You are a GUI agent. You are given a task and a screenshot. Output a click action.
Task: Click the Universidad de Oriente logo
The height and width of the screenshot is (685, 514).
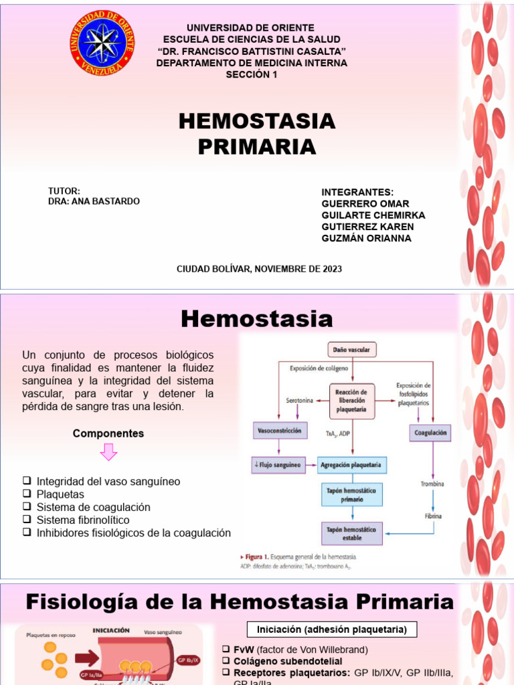coord(102,43)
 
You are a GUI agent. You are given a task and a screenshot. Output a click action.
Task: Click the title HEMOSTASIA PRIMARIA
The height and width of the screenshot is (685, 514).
coord(257,134)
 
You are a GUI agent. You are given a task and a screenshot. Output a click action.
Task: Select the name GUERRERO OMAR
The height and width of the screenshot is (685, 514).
coord(365,203)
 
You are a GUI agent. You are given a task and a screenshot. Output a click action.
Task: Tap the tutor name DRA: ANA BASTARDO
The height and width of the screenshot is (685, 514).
coord(94,201)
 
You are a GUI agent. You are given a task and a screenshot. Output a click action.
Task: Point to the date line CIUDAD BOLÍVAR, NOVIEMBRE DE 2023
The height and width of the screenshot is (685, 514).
coord(259,269)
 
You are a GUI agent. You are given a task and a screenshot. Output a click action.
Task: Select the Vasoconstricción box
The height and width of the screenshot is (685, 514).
coord(279,431)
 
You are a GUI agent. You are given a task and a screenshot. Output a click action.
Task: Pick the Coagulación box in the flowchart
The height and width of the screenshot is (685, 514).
coord(430,433)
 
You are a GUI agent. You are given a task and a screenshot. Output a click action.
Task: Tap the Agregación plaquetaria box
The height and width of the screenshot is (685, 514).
coord(352,464)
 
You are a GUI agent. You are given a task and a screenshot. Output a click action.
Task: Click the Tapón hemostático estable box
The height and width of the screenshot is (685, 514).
coord(352,533)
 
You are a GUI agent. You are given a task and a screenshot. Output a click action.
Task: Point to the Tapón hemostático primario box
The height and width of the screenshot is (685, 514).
coord(352,495)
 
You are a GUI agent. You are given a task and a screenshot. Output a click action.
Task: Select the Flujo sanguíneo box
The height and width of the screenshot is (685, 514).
coord(278,464)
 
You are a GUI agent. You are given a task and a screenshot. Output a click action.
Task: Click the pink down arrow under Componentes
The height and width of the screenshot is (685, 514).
coord(108,453)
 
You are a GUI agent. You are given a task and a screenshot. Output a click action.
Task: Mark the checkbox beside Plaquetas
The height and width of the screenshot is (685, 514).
coord(27,494)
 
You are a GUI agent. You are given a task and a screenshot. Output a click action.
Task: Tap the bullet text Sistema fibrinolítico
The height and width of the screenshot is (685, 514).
coord(83,520)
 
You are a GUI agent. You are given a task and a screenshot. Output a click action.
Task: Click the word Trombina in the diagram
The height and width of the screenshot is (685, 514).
coord(432,483)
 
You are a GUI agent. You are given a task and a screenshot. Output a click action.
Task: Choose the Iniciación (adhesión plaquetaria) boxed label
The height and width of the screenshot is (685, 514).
coord(332,629)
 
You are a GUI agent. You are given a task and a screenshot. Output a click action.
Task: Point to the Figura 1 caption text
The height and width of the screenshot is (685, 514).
coord(298,557)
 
